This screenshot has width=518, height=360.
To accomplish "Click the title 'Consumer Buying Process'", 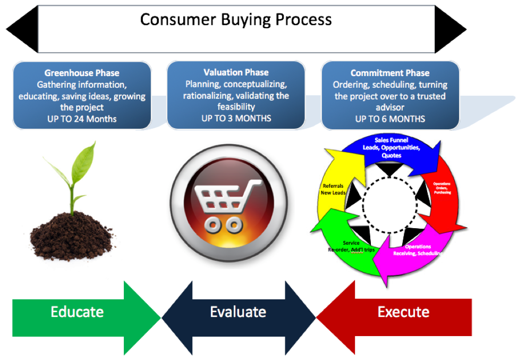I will pyautogui.click(x=236, y=20).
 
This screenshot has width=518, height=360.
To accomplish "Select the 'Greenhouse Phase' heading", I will pyautogui.click(x=82, y=73).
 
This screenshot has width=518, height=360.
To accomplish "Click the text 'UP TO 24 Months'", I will pyautogui.click(x=82, y=119).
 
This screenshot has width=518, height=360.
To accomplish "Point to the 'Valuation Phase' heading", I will pyautogui.click(x=236, y=72).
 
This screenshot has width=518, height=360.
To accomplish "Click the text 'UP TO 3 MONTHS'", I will pyautogui.click(x=236, y=118).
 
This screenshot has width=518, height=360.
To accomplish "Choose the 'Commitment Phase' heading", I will pyautogui.click(x=390, y=73).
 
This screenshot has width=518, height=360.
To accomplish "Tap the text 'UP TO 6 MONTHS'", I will pyautogui.click(x=390, y=119).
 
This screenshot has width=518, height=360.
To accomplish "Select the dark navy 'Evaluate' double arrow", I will pyautogui.click(x=238, y=312).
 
